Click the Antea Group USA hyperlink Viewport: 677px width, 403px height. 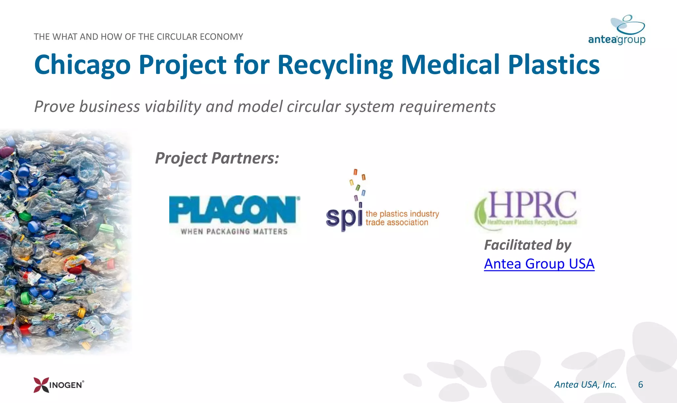[x=539, y=264]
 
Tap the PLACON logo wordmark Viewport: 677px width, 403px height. [x=234, y=210]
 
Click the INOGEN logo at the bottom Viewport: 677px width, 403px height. [x=59, y=385]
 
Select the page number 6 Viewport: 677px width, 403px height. [x=640, y=385]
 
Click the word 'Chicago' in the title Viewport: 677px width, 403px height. [x=83, y=65]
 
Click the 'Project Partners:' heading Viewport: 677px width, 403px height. [x=217, y=158]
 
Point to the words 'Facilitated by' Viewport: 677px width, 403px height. [x=528, y=245]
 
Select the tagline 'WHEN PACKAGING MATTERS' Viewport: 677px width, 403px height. [x=234, y=232]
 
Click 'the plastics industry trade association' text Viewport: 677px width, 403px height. [x=402, y=218]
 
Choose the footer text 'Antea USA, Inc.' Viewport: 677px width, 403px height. [x=585, y=385]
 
